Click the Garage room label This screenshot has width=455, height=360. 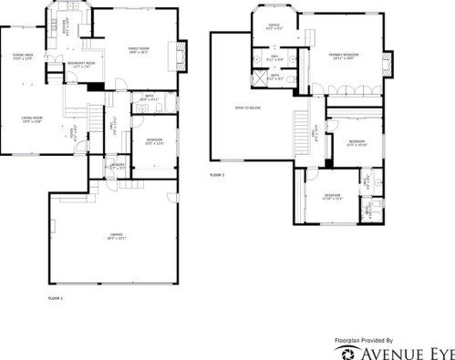coord(115,236)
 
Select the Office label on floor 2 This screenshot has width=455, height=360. coord(273,26)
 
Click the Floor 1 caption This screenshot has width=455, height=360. coord(55,299)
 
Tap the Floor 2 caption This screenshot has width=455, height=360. coord(217,174)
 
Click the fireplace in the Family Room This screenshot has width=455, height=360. coord(181,50)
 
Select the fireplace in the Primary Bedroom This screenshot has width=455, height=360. coord(389,63)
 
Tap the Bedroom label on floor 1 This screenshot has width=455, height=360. coord(154,141)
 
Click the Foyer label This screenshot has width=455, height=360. coord(73,135)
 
